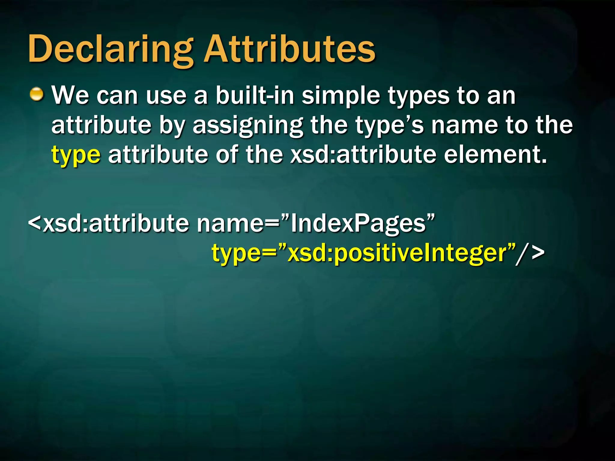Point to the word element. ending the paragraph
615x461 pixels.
click(x=495, y=155)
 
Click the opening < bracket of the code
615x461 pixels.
click(x=35, y=224)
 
